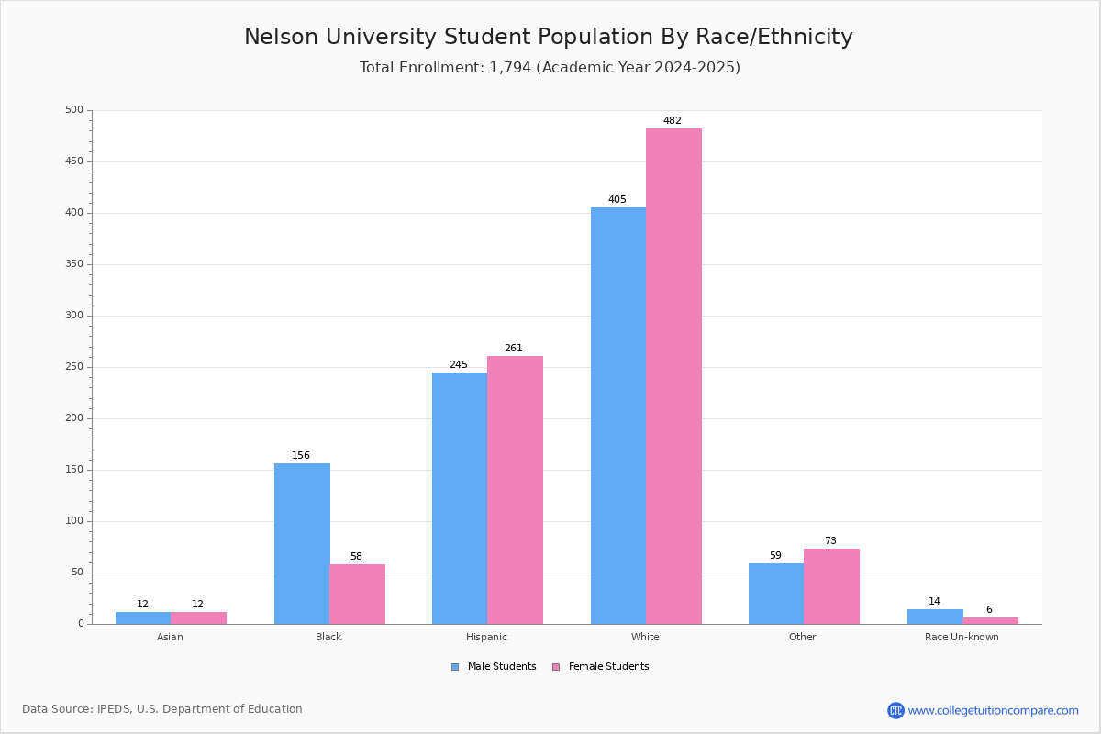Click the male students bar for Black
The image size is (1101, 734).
coord(302,544)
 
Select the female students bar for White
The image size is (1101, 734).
coord(673,376)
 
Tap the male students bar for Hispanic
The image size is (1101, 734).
coord(460,498)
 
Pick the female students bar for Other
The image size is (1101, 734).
coord(831,586)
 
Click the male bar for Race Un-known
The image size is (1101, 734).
coord(935,617)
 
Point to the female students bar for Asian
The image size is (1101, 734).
coord(198,618)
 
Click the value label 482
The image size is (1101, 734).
coord(673,120)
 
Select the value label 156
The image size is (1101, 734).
coord(301,455)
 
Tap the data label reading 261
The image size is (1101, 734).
coord(514,348)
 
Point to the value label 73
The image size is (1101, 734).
coord(830,540)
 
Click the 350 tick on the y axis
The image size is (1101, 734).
coord(74,264)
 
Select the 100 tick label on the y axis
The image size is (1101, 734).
coord(74,520)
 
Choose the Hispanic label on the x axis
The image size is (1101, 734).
coord(486,637)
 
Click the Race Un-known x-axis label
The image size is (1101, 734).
coord(962,637)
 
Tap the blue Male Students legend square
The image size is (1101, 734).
coord(455,667)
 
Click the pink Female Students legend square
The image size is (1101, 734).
coord(556,667)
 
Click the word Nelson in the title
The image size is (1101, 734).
coord(281,37)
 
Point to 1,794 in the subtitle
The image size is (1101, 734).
coord(510,67)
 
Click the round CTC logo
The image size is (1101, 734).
coord(895,710)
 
